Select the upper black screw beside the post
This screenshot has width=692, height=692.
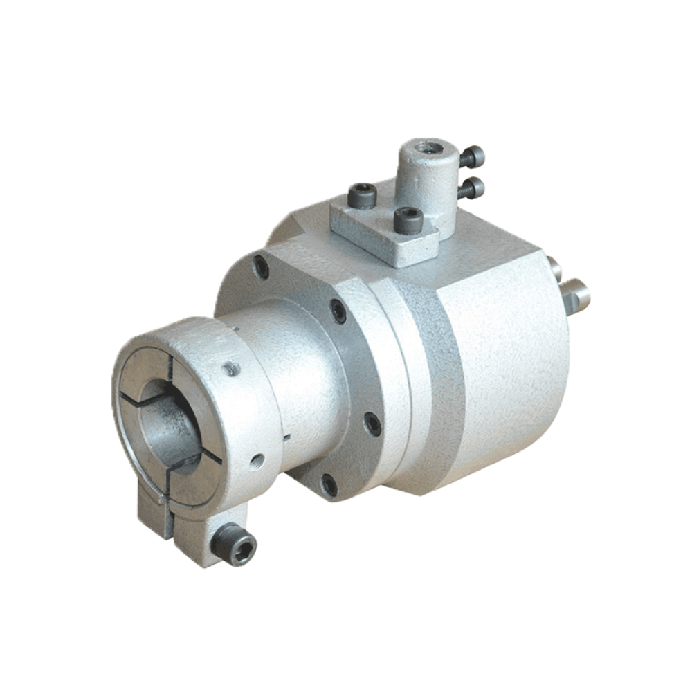point(472,157)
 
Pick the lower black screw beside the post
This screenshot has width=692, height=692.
point(472,187)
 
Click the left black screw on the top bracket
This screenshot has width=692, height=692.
point(363,196)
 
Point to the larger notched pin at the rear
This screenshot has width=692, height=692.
point(576,295)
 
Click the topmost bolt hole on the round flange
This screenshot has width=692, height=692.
point(262,267)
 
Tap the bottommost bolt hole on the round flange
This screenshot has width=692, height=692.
point(329,485)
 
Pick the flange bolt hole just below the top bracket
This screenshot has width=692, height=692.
point(338,311)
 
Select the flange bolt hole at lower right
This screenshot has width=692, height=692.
point(372,424)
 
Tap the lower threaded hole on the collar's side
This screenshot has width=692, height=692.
point(257,458)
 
